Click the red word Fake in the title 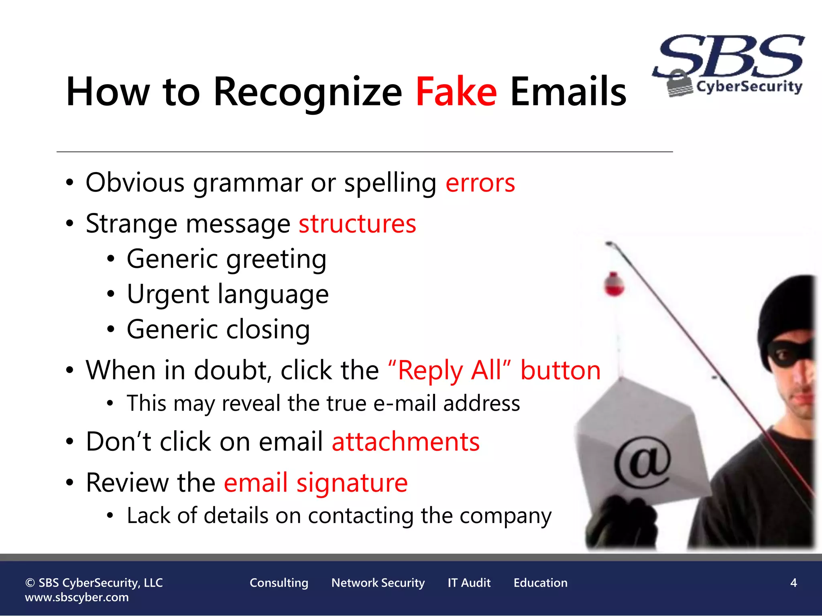(x=456, y=92)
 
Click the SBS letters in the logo (x=730, y=56)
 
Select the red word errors (x=480, y=183)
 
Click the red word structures (x=357, y=224)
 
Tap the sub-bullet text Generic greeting (x=226, y=259)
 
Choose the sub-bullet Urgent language (x=228, y=295)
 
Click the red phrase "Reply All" (x=450, y=370)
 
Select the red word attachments (x=406, y=442)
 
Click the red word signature (x=352, y=483)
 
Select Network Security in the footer (x=378, y=583)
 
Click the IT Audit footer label (x=469, y=583)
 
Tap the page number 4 (x=793, y=583)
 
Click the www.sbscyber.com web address (x=77, y=598)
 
